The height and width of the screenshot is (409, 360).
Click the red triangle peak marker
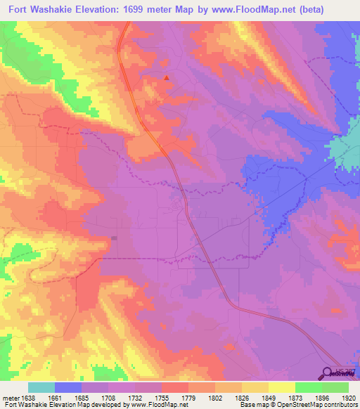[166, 77]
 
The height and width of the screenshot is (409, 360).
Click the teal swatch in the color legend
[41, 387]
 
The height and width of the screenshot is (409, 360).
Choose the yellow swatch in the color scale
[281, 387]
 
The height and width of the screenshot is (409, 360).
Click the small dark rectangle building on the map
[114, 238]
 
